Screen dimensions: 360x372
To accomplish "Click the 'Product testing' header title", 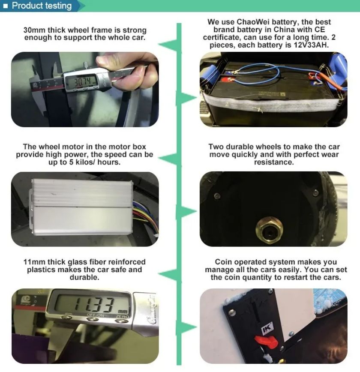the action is (x=42, y=6).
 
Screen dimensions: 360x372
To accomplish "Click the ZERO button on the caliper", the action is (x=122, y=321).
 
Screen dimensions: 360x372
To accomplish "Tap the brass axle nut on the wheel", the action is (x=269, y=230).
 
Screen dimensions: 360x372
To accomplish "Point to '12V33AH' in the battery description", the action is (x=311, y=45).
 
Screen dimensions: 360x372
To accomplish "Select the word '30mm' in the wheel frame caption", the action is (x=34, y=30).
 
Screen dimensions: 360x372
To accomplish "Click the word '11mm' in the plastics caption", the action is (x=34, y=262).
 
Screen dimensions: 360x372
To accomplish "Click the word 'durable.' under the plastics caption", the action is (x=84, y=277).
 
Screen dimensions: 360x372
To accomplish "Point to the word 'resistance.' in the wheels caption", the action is (x=274, y=162).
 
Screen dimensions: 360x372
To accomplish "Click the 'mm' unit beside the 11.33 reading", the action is (x=123, y=311).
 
